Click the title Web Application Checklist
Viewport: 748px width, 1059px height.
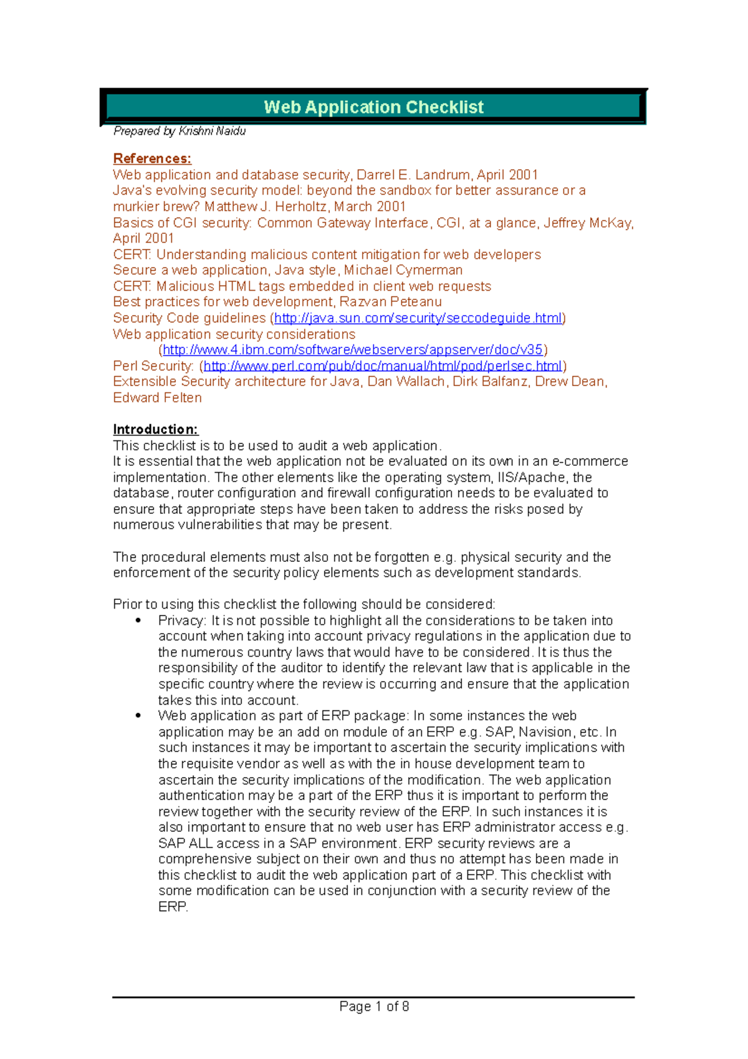(373, 107)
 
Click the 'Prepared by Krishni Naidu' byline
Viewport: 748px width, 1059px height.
(180, 131)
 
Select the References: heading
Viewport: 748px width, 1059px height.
(152, 158)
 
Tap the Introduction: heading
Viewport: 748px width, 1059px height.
(155, 429)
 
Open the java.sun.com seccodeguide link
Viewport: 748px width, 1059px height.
(418, 318)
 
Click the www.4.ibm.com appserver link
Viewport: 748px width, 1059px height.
(353, 350)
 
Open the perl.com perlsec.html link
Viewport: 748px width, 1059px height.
(382, 366)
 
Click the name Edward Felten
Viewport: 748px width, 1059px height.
(157, 398)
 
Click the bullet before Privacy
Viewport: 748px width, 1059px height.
(138, 621)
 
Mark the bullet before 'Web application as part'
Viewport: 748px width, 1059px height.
(138, 716)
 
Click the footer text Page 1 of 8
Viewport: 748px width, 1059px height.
(374, 1006)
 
